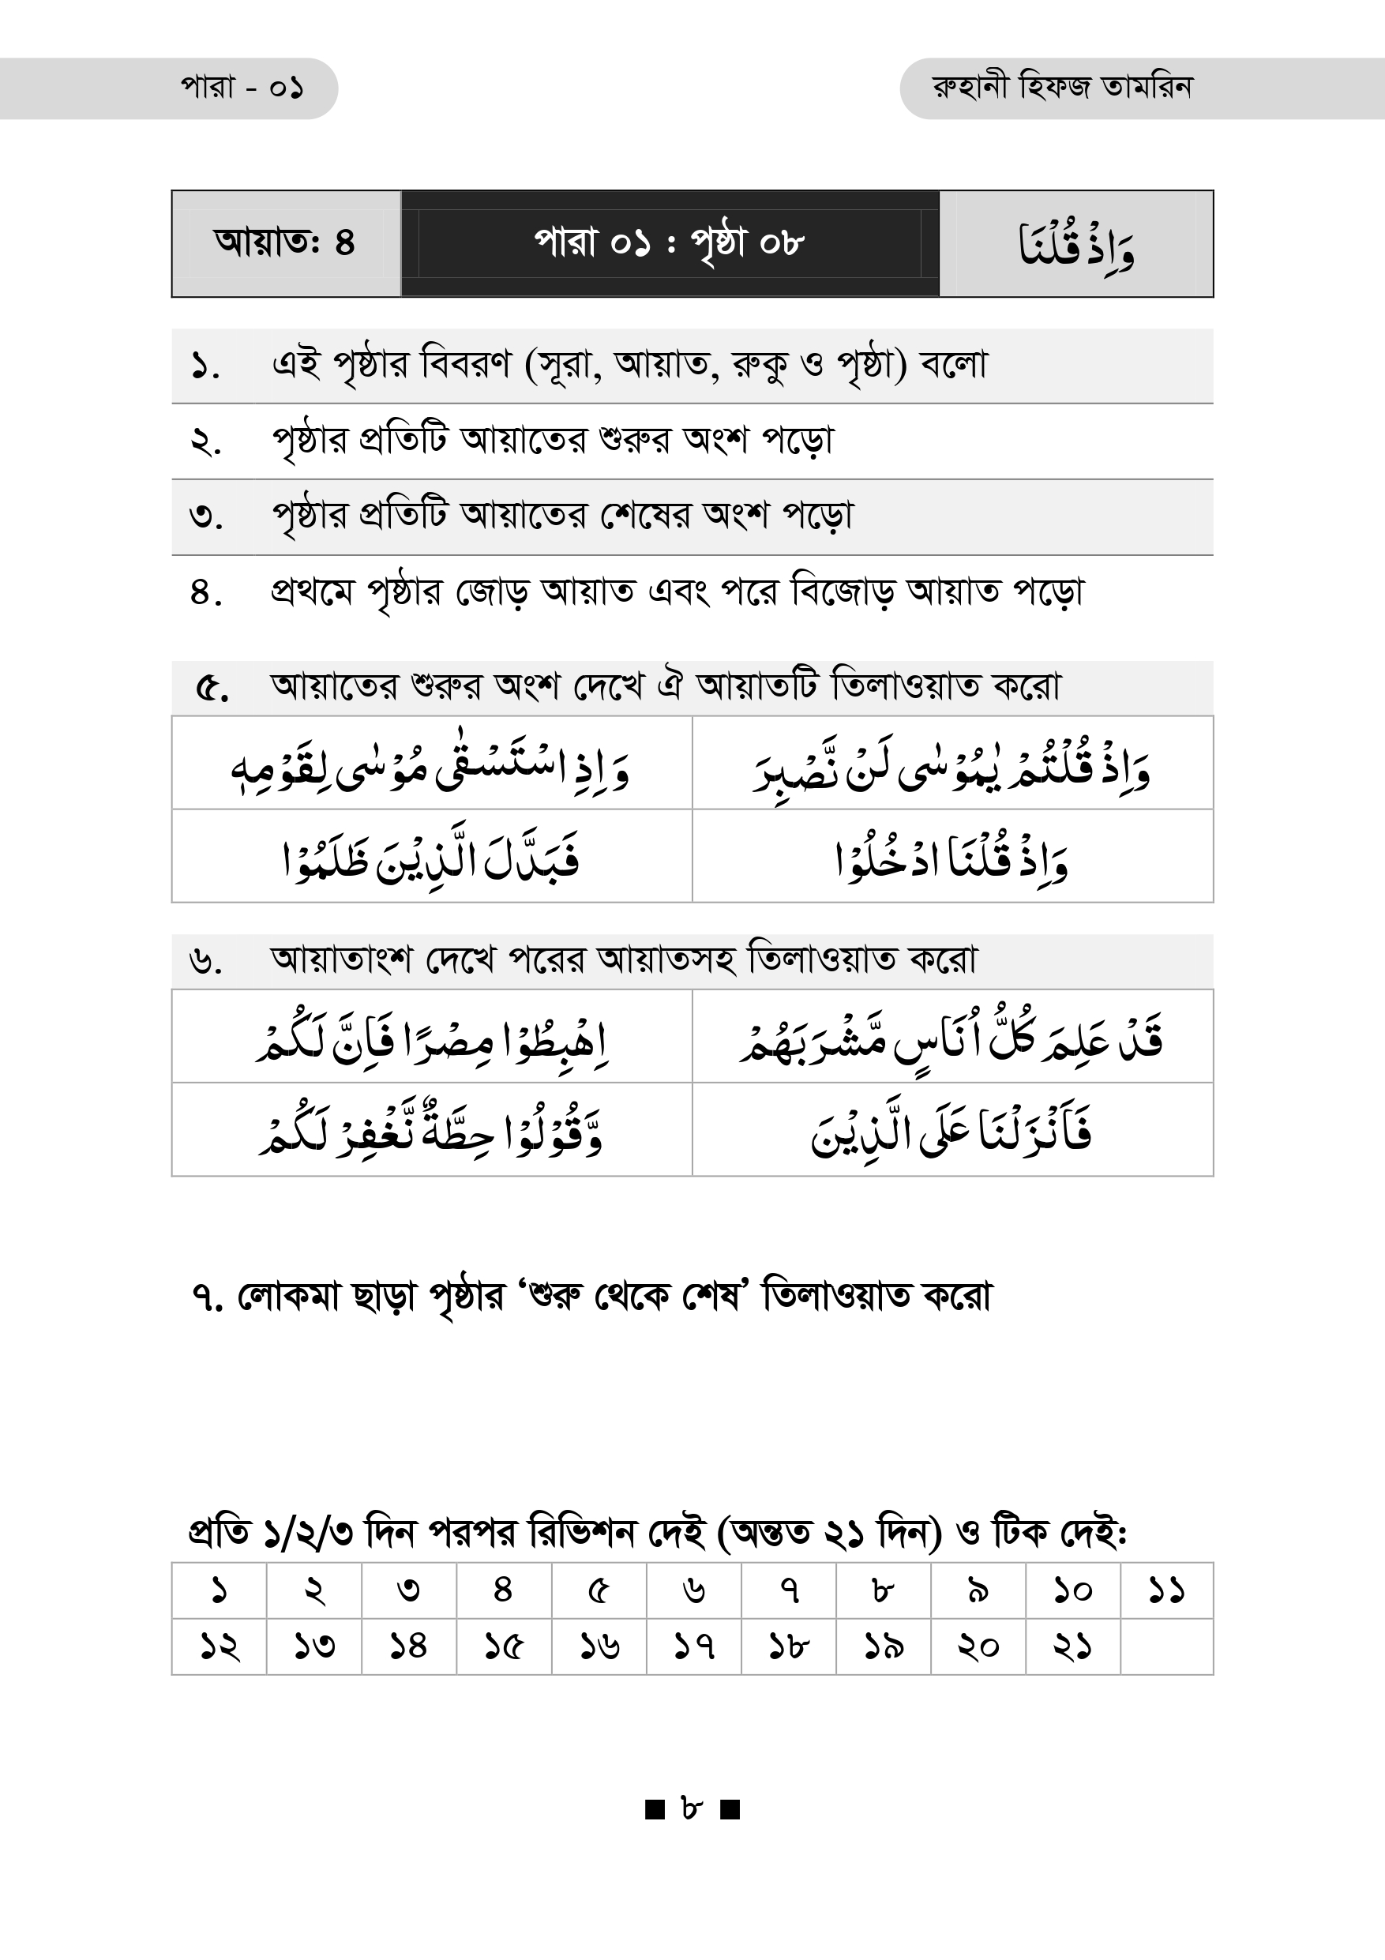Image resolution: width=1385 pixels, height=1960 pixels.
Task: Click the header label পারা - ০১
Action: pos(242,88)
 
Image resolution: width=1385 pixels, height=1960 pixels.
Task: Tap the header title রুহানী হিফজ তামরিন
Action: pos(1061,88)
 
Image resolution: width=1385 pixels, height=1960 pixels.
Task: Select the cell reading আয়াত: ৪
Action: pos(285,243)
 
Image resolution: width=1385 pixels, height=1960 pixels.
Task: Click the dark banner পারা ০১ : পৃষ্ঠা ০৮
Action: pos(670,243)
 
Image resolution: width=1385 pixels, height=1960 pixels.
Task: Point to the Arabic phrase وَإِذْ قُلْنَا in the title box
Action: pos(1076,245)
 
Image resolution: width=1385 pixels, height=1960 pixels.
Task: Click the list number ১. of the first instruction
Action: pos(205,366)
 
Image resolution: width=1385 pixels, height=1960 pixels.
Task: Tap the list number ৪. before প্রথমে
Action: pos(205,592)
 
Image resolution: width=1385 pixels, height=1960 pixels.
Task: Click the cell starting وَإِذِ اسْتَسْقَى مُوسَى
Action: pos(431,764)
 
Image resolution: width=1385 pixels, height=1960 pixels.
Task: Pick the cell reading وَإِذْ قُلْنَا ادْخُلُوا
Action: pos(952,857)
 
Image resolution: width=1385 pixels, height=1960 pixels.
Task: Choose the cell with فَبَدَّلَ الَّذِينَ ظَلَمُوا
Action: pos(431,857)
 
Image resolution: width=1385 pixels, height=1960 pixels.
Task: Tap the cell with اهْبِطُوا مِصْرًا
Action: pos(431,1037)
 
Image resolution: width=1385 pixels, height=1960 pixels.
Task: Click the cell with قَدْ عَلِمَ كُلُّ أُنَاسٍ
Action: pos(952,1037)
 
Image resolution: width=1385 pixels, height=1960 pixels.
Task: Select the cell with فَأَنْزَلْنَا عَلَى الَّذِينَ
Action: pos(952,1130)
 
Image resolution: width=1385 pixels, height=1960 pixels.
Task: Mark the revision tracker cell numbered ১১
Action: pos(1165,1590)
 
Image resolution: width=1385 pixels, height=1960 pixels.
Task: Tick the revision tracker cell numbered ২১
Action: pos(1072,1646)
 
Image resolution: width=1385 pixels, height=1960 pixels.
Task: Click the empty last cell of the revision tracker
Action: pos(1165,1646)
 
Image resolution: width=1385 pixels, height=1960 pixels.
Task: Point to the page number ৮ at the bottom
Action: pos(692,1808)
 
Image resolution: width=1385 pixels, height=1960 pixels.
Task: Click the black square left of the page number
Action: pos(655,1809)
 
